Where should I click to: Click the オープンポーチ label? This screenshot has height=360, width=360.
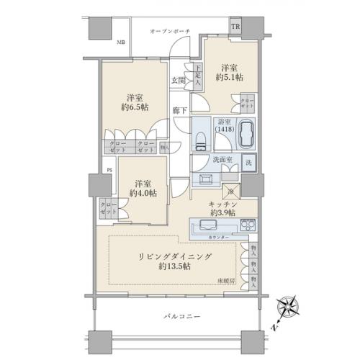(168, 32)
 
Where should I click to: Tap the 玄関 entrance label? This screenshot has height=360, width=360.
(178, 80)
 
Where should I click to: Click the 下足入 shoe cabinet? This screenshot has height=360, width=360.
(197, 77)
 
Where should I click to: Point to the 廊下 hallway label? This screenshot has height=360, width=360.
(180, 110)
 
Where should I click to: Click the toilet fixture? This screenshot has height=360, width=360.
(202, 133)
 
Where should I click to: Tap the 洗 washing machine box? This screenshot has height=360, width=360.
(248, 163)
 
